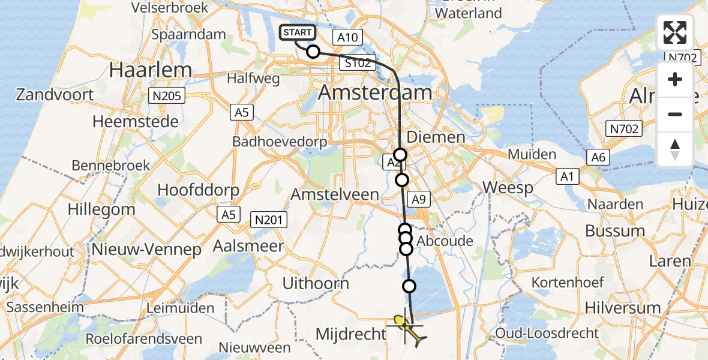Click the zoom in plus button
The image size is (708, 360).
675,80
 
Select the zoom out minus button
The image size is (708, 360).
675,114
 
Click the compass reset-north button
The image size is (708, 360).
675,149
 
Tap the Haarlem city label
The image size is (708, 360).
151,70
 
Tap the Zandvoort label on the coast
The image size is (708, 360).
55,95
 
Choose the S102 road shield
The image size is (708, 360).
358,63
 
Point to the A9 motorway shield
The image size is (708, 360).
418,199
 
